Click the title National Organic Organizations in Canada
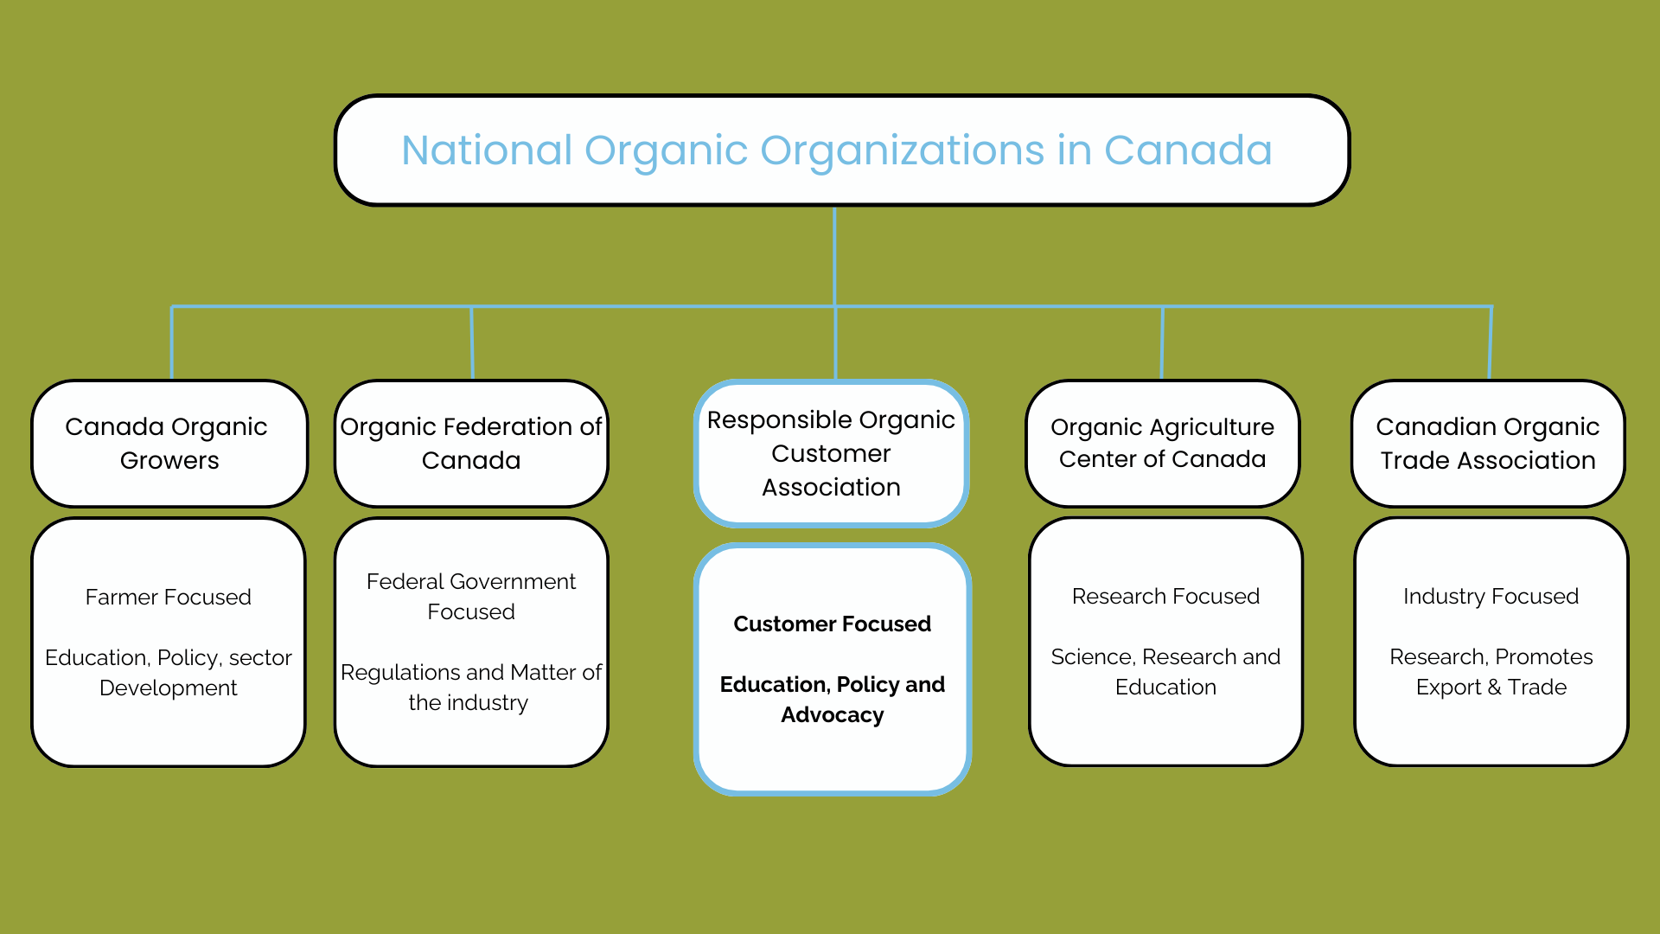836,150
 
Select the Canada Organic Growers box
169,443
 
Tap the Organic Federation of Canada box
471,443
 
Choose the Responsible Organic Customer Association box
831,453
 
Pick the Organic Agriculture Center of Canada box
1162,443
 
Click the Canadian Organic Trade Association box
1487,443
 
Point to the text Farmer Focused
169,597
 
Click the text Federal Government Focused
471,596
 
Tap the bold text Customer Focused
832,624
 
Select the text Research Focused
1165,596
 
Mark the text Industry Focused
1491,596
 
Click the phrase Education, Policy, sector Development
169,672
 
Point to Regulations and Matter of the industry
471,687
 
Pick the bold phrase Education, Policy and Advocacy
832,699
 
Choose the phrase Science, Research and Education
1165,671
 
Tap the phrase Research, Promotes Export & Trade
1491,671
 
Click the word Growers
169,460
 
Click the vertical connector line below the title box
834,255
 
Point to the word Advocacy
832,715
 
